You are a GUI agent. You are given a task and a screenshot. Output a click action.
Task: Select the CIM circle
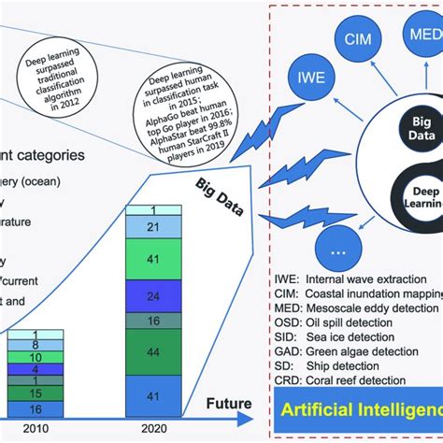(359, 40)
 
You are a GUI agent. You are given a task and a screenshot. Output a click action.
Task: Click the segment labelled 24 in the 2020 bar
(153, 296)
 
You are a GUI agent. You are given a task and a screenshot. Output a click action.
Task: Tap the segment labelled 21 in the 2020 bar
(153, 227)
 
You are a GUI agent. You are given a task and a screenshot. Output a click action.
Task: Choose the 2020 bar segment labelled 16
(153, 321)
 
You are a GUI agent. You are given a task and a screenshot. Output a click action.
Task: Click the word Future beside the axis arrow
(229, 404)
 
